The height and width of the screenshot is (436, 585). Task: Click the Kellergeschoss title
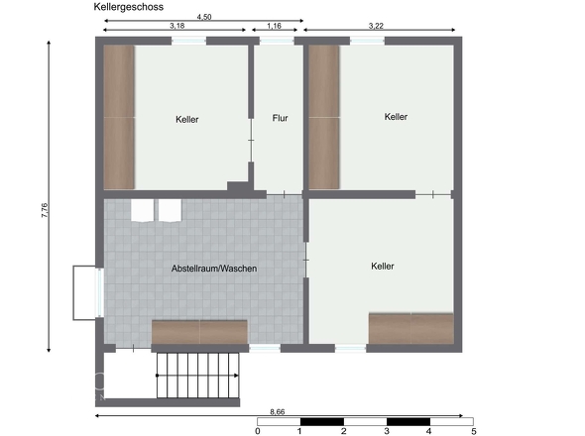tap(128, 7)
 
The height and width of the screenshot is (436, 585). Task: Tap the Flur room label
tap(280, 118)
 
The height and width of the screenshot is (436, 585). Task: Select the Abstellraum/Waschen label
tap(214, 269)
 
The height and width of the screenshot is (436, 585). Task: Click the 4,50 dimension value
tap(204, 17)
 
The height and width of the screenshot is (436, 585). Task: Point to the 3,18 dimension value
tap(176, 26)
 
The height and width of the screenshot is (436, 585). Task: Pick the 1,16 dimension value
tap(274, 26)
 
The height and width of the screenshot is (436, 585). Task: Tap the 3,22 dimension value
tap(376, 26)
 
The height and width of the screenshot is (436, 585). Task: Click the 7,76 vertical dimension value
tap(45, 210)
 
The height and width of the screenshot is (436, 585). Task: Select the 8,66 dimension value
tap(278, 412)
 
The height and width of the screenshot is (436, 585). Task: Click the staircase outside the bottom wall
tap(197, 376)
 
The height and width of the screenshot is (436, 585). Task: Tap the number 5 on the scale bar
tap(473, 431)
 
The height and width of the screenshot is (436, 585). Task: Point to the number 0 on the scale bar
tap(258, 431)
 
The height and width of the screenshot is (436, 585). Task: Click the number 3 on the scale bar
tap(387, 431)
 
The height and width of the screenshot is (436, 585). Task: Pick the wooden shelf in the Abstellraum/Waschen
tap(199, 332)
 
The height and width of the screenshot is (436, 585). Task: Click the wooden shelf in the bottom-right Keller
tap(411, 328)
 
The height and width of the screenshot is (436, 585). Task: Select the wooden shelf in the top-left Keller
tap(119, 117)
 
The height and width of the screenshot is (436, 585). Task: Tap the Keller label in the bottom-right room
tap(383, 266)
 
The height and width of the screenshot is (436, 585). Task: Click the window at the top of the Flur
tap(277, 41)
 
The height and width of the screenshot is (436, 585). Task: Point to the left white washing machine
tap(142, 210)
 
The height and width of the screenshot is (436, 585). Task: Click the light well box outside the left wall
tap(85, 292)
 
